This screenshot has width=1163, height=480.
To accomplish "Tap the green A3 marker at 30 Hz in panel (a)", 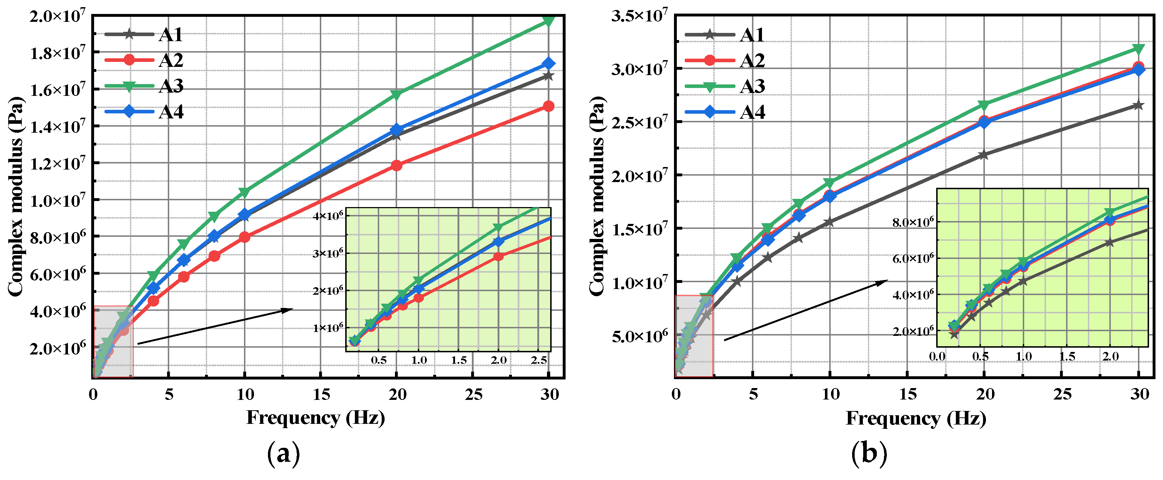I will coord(548,20).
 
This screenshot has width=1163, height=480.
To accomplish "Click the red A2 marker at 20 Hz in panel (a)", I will coord(396,165).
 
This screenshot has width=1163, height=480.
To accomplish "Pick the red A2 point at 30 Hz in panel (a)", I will coord(548,106).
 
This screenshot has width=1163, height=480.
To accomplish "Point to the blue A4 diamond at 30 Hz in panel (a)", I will coord(548,64).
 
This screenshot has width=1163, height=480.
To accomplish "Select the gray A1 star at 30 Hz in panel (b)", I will coord(1139,105).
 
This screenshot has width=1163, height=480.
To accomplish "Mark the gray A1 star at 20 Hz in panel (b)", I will coord(984,155).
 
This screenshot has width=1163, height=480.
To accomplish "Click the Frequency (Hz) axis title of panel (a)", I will coord(316,418).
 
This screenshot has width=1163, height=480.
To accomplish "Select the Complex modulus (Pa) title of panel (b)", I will coord(597,196).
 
